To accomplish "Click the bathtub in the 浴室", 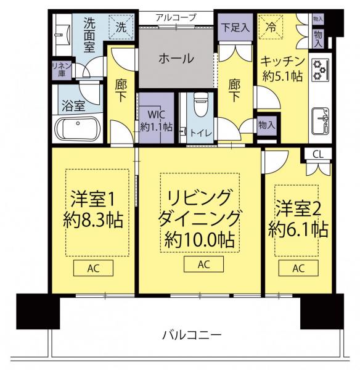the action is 78,129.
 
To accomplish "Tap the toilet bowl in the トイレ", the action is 200,105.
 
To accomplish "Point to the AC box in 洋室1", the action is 94,268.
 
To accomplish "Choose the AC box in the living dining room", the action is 203,265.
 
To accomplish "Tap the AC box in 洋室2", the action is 298,268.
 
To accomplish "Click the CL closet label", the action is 317,155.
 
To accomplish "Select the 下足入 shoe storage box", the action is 235,27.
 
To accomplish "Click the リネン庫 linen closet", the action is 62,70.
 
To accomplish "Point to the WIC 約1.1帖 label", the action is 156,121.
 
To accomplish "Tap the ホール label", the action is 176,58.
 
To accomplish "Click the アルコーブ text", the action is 176,17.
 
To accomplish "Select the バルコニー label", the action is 192,335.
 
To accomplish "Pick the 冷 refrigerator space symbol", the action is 271,27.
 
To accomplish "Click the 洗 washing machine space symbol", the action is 121,27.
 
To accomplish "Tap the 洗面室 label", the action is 89,35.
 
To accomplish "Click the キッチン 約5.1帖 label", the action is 282,69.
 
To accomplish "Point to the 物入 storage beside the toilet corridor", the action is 266,125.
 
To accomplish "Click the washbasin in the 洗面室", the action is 62,35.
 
